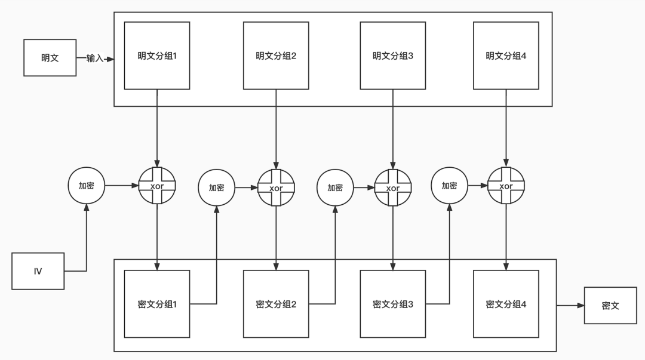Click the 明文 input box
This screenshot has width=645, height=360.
click(x=50, y=57)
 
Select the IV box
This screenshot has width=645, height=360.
click(x=38, y=271)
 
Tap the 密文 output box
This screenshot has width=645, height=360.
click(x=610, y=306)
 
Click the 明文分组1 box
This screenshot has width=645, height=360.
click(x=157, y=56)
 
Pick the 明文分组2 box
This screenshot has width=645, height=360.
click(x=276, y=56)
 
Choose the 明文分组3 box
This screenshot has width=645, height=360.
click(x=393, y=56)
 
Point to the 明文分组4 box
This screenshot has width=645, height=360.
click(x=506, y=56)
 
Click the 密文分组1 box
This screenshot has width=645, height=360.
click(x=157, y=304)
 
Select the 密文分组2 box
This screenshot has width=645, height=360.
click(x=276, y=304)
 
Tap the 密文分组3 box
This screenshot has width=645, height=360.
click(x=393, y=304)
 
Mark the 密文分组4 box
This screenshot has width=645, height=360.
click(x=506, y=304)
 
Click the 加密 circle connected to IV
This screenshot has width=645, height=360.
click(x=87, y=186)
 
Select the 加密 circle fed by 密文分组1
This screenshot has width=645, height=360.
click(x=217, y=187)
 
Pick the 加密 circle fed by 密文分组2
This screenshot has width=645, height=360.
click(x=335, y=187)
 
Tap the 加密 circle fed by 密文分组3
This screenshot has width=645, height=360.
click(x=449, y=186)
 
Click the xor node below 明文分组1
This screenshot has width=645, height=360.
click(x=157, y=186)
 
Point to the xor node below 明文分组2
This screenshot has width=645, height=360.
click(x=276, y=187)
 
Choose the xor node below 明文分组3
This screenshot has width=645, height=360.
click(x=393, y=187)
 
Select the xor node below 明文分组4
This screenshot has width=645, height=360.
click(x=506, y=186)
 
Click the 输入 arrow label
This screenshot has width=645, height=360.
click(x=94, y=59)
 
